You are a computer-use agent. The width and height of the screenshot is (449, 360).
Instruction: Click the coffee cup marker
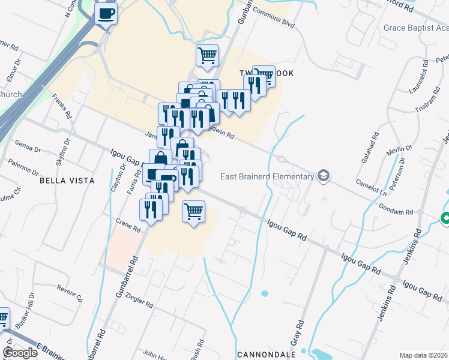tap(106, 14)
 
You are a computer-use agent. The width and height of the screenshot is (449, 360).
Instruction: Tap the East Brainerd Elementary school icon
tap(325, 176)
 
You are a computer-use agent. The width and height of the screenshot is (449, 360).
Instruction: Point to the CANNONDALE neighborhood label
tap(267, 355)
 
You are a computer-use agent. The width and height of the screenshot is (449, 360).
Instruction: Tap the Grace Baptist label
tap(416, 28)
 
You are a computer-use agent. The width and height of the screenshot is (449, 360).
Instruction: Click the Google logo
tap(20, 353)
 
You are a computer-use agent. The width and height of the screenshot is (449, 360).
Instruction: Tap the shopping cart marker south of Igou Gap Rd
tap(193, 212)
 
